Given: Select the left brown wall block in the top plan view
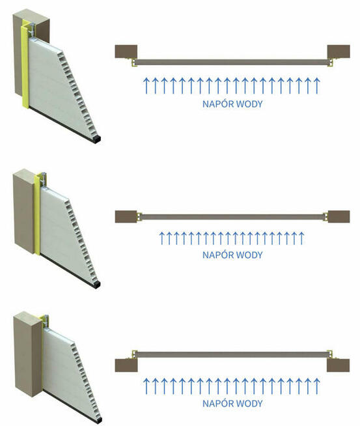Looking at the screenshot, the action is point(126,51).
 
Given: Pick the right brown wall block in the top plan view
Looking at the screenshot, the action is point(339,51).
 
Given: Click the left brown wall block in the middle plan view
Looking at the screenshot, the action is point(126,216).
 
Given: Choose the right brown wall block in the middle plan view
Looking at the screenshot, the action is point(339,216).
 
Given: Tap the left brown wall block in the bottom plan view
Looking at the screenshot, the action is point(126,365).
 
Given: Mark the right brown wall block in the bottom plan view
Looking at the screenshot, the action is point(339,365).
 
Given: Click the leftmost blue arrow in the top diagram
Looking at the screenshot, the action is point(146,85).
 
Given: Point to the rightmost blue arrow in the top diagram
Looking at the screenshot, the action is point(316,85).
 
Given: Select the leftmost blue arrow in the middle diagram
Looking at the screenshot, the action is point(162,238).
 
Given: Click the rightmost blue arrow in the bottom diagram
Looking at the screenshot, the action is point(316,386).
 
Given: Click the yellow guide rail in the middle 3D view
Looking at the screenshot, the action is point(37,215).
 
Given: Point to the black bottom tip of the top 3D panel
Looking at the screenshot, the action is point(96,139).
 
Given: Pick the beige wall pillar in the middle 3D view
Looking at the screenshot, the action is point(25,211).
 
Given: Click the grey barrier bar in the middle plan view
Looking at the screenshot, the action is point(232,217).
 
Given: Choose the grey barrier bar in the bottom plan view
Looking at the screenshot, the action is point(232,354).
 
